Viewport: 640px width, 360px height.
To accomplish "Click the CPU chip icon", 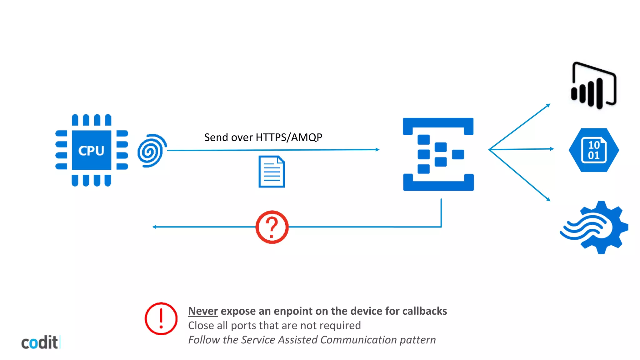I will [92, 150].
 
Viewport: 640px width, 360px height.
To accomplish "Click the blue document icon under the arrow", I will [272, 172].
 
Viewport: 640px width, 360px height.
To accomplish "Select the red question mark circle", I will [272, 227].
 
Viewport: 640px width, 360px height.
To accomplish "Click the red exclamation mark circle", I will [161, 318].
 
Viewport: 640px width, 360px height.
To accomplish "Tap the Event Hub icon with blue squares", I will [438, 154].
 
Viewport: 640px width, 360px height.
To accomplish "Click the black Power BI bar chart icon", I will [593, 86].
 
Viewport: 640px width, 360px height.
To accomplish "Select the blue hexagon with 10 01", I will [594, 150].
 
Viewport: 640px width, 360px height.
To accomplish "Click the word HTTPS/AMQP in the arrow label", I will [289, 137].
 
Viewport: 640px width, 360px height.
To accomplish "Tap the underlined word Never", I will [203, 311].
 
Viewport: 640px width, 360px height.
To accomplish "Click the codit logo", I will [40, 342].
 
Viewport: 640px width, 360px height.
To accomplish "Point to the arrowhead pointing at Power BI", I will [548, 105].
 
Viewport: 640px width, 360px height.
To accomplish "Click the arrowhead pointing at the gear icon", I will [548, 199].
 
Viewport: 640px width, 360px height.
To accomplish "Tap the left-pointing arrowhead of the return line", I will [154, 227].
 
